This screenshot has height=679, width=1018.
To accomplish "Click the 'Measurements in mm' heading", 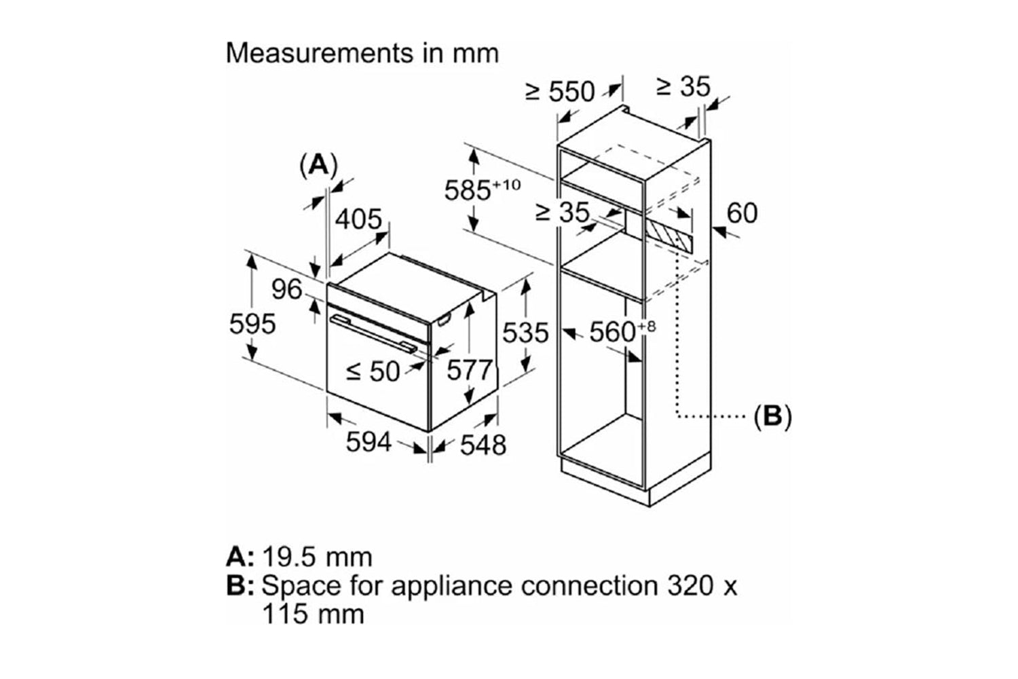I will (362, 53).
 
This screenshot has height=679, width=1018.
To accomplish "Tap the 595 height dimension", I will (252, 323).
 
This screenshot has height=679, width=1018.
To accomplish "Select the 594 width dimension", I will (369, 442).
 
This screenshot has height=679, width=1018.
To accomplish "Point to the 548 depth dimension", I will (483, 445).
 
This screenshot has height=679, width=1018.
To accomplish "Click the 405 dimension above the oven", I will (359, 219).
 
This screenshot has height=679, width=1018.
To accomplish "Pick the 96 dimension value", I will (286, 290).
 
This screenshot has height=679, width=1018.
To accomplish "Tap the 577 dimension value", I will (470, 370).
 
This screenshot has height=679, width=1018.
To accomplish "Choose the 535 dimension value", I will (525, 333).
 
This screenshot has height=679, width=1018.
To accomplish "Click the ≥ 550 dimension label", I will (561, 91).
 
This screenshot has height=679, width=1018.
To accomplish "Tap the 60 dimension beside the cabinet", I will (741, 213).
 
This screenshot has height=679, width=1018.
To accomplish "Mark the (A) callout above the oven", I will (318, 164).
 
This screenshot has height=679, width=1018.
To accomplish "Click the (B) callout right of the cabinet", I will (773, 416).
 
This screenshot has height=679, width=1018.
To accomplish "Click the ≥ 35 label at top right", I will (683, 86).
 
